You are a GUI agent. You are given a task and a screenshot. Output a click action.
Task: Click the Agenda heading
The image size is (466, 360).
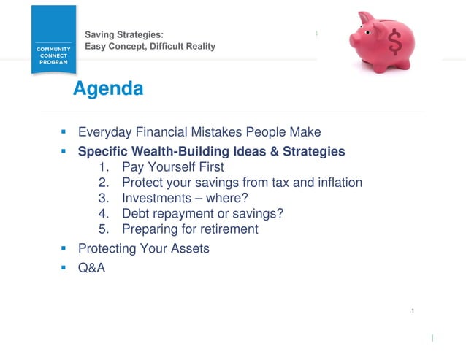click(x=108, y=89)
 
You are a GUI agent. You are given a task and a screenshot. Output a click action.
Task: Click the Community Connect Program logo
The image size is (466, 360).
click(x=53, y=40)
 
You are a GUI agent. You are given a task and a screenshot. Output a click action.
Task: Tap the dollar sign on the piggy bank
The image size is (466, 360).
click(x=395, y=43)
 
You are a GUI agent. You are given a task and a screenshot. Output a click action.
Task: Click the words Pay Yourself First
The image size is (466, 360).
click(x=173, y=167)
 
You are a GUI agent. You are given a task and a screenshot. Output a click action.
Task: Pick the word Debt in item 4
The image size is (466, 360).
click(x=135, y=213)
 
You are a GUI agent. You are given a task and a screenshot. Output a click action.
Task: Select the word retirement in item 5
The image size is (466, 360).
click(x=225, y=229)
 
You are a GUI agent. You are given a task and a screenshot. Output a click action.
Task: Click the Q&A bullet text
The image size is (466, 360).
click(x=91, y=267)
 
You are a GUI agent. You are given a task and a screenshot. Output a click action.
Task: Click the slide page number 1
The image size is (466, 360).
click(x=413, y=312)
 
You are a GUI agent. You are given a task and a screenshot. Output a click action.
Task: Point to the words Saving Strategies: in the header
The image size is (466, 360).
click(x=124, y=34)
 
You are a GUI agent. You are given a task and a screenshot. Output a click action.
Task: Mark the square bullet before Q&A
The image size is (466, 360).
click(x=64, y=267)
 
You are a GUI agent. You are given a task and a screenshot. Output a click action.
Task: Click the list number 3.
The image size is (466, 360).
click(x=102, y=198)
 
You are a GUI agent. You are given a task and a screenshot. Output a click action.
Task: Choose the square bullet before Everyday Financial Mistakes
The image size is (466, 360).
click(x=64, y=133)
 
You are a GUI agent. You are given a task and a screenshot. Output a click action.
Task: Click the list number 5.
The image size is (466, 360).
click(x=102, y=229)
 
